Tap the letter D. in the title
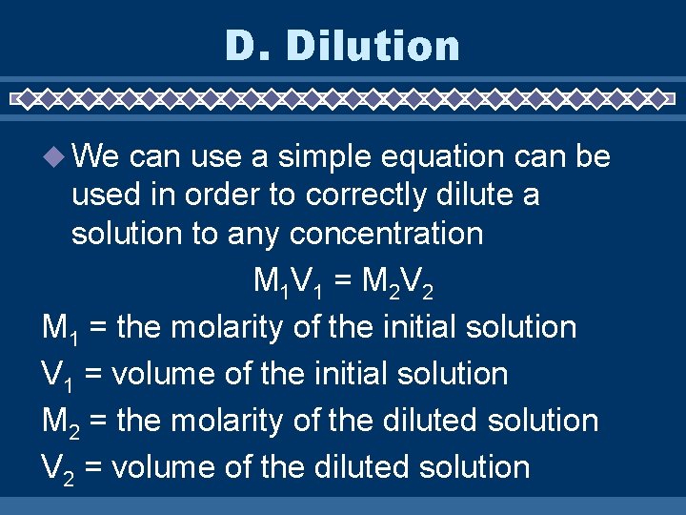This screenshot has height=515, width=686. tap(246, 45)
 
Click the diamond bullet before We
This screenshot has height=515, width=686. tap(55, 155)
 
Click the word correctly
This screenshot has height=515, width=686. tap(367, 195)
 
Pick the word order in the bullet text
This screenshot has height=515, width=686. tap(220, 195)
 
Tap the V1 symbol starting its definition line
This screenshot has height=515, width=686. tap(57, 375)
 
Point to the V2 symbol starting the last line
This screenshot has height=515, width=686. tap(58, 468)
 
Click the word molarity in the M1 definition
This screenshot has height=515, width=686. tap(228, 327)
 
